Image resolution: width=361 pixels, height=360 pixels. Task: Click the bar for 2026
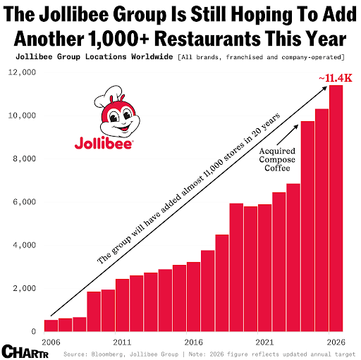pyautogui.click(x=336, y=209)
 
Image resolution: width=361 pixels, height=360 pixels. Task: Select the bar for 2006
pyautogui.click(x=51, y=325)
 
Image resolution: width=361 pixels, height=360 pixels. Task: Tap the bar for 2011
pyautogui.click(x=122, y=305)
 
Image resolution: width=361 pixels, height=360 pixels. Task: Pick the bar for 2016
pyautogui.click(x=193, y=297)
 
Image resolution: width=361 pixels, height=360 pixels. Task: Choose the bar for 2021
pyautogui.click(x=264, y=268)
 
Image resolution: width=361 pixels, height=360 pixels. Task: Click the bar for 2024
pyautogui.click(x=307, y=226)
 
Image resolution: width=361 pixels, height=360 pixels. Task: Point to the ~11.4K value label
pyautogui.click(x=336, y=78)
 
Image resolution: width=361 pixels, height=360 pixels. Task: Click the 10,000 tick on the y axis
pyautogui.click(x=22, y=116)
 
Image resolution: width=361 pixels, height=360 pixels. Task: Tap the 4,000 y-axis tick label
pyautogui.click(x=25, y=245)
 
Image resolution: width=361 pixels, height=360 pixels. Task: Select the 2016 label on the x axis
pyautogui.click(x=193, y=342)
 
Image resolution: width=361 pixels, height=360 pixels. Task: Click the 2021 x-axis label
pyautogui.click(x=264, y=342)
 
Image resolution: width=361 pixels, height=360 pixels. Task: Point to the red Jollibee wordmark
pyautogui.click(x=104, y=142)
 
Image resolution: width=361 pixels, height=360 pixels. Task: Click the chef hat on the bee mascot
pyautogui.click(x=109, y=96)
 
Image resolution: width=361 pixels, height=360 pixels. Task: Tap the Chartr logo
pyautogui.click(x=25, y=352)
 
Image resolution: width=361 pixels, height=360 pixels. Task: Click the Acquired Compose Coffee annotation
pyautogui.click(x=277, y=159)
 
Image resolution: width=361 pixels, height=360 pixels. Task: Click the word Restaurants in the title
pyautogui.click(x=207, y=39)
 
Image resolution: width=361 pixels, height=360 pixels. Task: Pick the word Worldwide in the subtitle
pyautogui.click(x=152, y=57)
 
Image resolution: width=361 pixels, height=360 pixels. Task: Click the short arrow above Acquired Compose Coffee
pyautogui.click(x=288, y=135)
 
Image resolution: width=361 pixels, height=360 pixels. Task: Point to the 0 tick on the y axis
pyautogui.click(x=34, y=331)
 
